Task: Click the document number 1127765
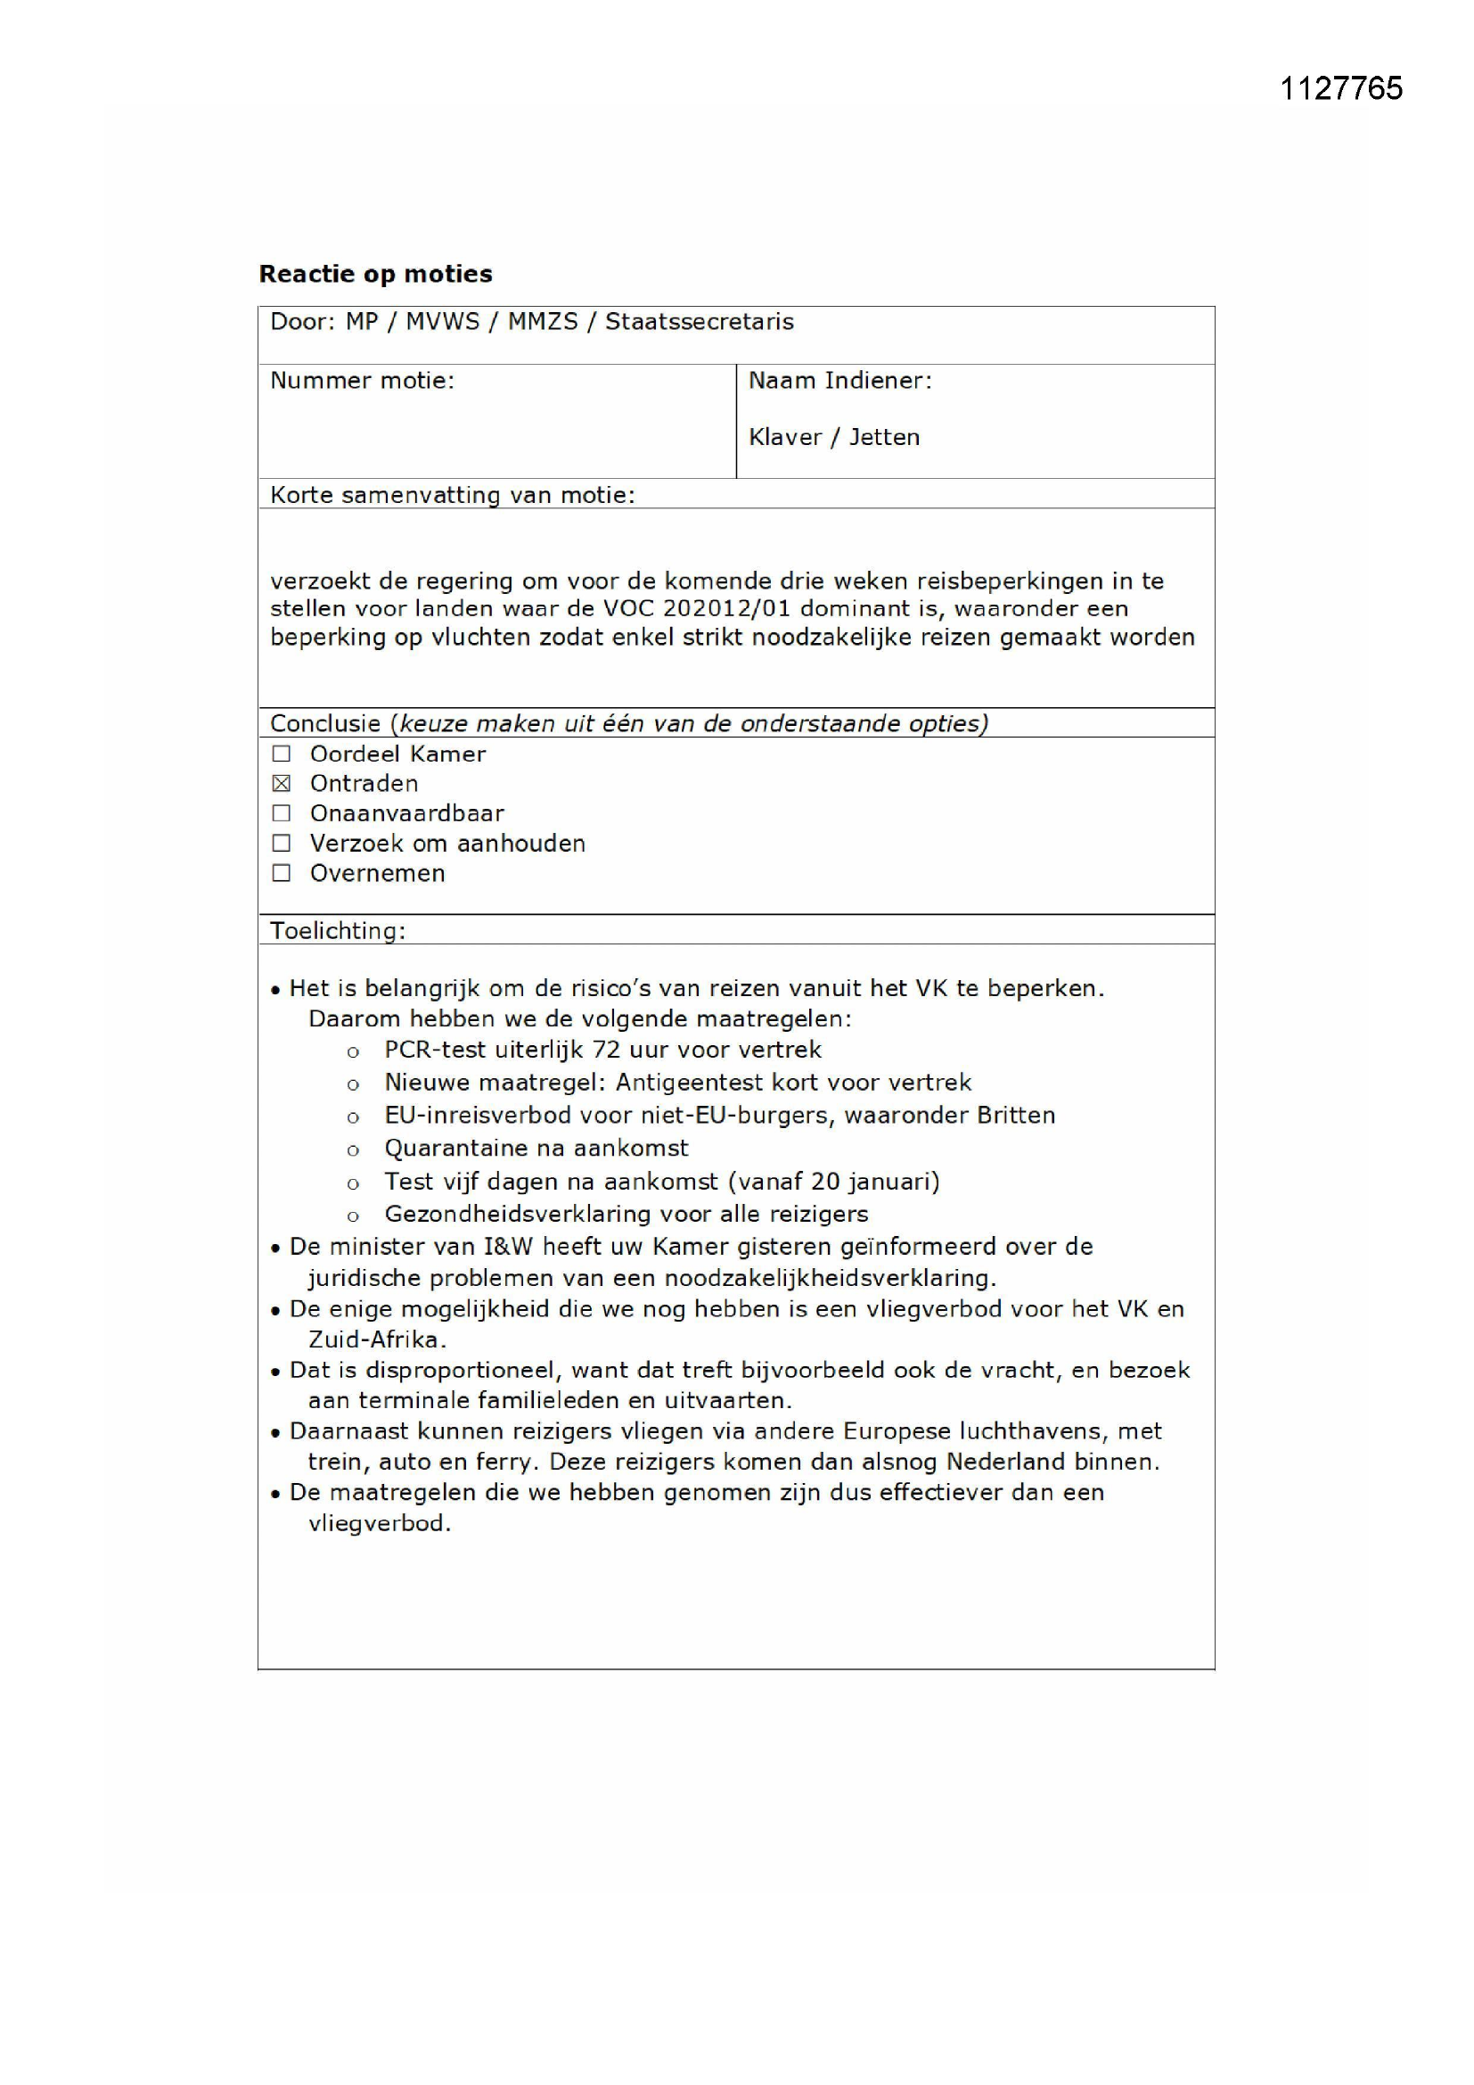pos(1340,88)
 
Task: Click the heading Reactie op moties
pos(376,275)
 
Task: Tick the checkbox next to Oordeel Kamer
pos(282,754)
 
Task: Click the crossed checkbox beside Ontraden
pos(282,784)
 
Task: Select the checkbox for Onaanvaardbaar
pos(282,813)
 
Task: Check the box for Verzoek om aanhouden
pos(282,844)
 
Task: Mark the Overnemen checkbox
pos(282,874)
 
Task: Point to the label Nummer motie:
pos(362,381)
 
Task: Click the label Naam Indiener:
pos(839,381)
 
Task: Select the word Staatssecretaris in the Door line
pos(699,322)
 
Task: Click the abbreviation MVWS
pos(442,322)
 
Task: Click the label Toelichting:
pos(338,931)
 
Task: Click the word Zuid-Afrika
pos(376,1339)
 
